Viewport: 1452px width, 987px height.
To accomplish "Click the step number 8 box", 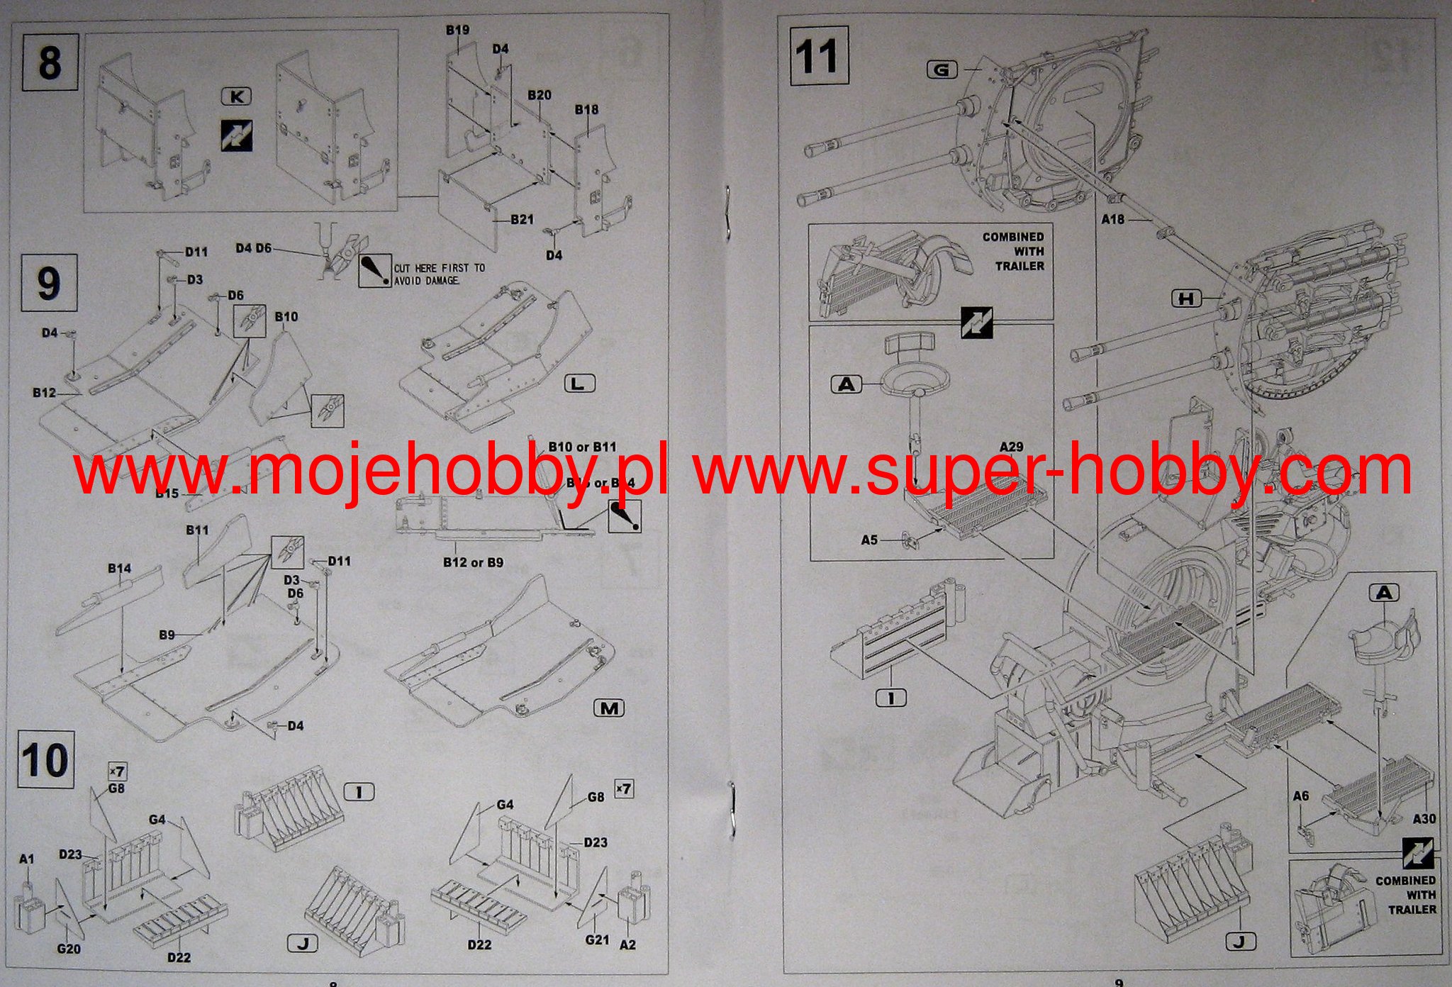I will (x=50, y=62).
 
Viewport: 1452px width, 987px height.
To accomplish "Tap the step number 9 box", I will (x=49, y=283).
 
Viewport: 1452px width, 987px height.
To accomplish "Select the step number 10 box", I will (x=45, y=759).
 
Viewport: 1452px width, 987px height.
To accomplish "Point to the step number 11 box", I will (x=819, y=56).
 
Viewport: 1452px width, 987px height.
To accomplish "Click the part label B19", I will (x=457, y=30).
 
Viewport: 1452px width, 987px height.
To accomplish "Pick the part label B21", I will (x=522, y=219).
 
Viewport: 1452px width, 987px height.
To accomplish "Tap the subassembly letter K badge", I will (x=237, y=96).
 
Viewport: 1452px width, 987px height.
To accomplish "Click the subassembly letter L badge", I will (x=579, y=384).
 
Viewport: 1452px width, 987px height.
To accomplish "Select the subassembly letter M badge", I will (x=609, y=708).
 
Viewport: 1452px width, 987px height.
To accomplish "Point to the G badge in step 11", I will (x=942, y=69).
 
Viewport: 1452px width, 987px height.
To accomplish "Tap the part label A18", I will (x=1112, y=219).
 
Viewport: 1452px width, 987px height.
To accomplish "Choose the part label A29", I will (x=1011, y=447).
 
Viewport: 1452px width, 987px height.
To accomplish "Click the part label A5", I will (x=869, y=540).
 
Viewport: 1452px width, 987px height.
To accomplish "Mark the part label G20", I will (x=69, y=949).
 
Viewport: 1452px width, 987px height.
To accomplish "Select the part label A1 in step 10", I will (x=26, y=859).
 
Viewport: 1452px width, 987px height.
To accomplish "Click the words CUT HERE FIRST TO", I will (x=440, y=268).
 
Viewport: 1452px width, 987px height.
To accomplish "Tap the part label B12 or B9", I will (x=473, y=562).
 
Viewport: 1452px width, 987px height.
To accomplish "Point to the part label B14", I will (x=120, y=569).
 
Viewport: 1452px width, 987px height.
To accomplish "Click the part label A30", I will (x=1424, y=819).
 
